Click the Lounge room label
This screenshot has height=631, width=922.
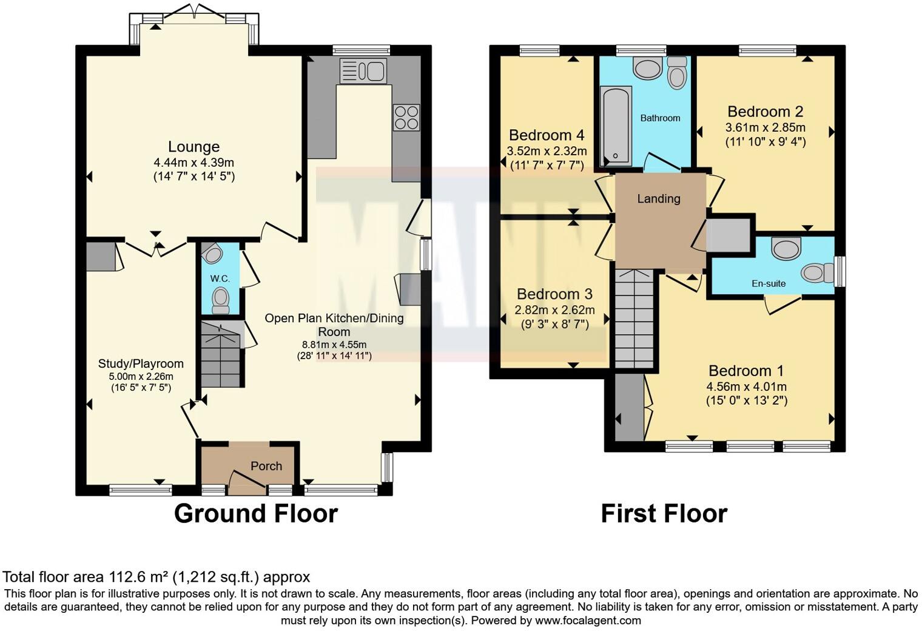point(193,147)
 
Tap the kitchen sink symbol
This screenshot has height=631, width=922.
point(363,71)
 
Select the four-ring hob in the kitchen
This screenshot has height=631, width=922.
point(406,118)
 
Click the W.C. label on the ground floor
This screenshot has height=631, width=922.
point(220,278)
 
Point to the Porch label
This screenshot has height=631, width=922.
point(266,466)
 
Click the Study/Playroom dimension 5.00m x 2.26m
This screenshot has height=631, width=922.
point(141,376)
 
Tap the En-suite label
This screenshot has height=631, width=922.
point(769,283)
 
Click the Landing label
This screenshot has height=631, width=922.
point(659,198)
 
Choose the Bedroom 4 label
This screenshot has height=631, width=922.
point(547,135)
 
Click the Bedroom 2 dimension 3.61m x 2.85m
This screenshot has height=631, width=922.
point(765,127)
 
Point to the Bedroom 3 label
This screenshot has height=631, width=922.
point(554,294)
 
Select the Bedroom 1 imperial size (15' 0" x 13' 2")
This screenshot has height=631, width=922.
point(747,400)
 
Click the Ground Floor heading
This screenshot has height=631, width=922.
point(255,513)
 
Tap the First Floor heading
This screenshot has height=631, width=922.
point(664,513)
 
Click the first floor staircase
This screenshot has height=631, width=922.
point(636,319)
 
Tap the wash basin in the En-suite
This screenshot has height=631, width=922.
point(786,248)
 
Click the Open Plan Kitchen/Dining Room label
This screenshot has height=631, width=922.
point(334,325)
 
